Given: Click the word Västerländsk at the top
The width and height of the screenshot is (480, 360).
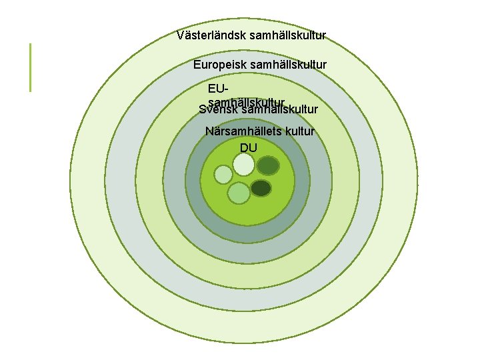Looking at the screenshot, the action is (210, 35).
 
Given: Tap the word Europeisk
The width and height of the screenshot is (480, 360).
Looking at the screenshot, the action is (219, 65).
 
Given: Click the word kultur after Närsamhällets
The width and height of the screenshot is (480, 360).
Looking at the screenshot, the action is (299, 131).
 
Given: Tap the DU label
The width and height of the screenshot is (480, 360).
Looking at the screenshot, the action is (248, 147).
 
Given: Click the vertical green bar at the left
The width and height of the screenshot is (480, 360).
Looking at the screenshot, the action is (30, 67).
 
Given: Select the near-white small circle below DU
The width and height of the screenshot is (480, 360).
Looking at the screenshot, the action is (244, 164).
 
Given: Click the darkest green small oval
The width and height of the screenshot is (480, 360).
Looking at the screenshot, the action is (261, 188).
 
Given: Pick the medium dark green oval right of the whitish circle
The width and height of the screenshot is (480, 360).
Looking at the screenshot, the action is (267, 165).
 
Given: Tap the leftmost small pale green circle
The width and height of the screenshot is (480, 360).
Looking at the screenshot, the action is (223, 175).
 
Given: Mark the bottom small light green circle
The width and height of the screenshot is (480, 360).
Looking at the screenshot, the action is (239, 193).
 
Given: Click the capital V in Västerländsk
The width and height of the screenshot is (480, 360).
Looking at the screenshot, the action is (181, 35).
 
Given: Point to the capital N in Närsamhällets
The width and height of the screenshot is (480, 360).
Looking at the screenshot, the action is (209, 131).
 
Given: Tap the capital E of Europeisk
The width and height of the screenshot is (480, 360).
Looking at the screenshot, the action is (197, 65).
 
